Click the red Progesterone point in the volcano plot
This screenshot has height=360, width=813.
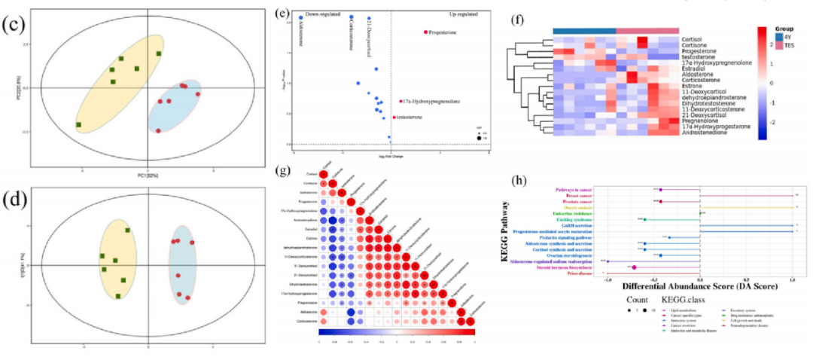tap(425, 32)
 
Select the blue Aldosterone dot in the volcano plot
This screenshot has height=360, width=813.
tap(301, 17)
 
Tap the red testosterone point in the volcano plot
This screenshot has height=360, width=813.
tap(393, 117)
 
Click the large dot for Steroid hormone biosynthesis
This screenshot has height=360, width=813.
tap(634, 267)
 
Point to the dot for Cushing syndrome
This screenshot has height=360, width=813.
tap(645, 219)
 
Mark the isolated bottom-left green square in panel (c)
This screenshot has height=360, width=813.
tap(78, 124)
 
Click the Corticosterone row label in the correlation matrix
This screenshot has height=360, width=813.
tap(307, 321)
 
